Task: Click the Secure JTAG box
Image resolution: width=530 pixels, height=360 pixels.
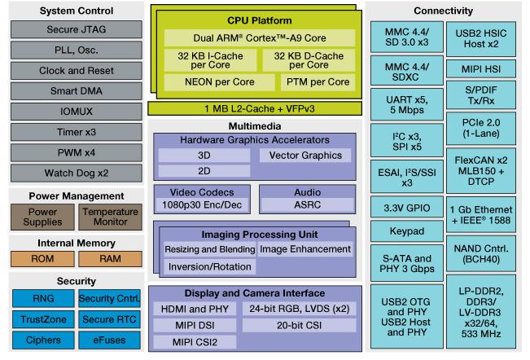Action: point(74,30)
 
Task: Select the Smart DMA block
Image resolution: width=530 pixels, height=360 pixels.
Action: point(74,91)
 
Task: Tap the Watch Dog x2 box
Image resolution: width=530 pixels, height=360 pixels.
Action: point(74,173)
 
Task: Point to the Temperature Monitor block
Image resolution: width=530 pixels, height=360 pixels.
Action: point(110,217)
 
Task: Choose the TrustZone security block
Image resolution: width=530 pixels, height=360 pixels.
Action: point(38,319)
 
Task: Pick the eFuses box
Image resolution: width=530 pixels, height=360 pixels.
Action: point(110,340)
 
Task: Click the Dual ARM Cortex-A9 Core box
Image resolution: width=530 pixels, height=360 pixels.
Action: point(259,38)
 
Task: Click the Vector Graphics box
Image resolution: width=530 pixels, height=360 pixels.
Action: point(304,155)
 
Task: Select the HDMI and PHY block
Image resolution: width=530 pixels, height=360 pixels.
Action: point(195,310)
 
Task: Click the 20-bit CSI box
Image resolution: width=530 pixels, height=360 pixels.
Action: point(296,325)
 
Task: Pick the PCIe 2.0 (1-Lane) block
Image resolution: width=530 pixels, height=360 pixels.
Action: point(479,128)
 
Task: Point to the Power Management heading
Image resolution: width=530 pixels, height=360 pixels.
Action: point(76,195)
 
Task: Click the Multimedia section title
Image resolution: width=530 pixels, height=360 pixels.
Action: point(256,126)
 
